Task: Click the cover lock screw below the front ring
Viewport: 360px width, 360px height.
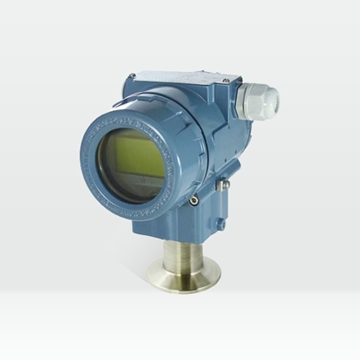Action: point(193,201)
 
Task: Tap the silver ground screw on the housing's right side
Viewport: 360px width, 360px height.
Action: point(225,185)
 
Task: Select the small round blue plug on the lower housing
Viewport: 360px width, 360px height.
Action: point(219,223)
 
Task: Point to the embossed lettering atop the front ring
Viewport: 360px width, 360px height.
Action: point(130,111)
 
